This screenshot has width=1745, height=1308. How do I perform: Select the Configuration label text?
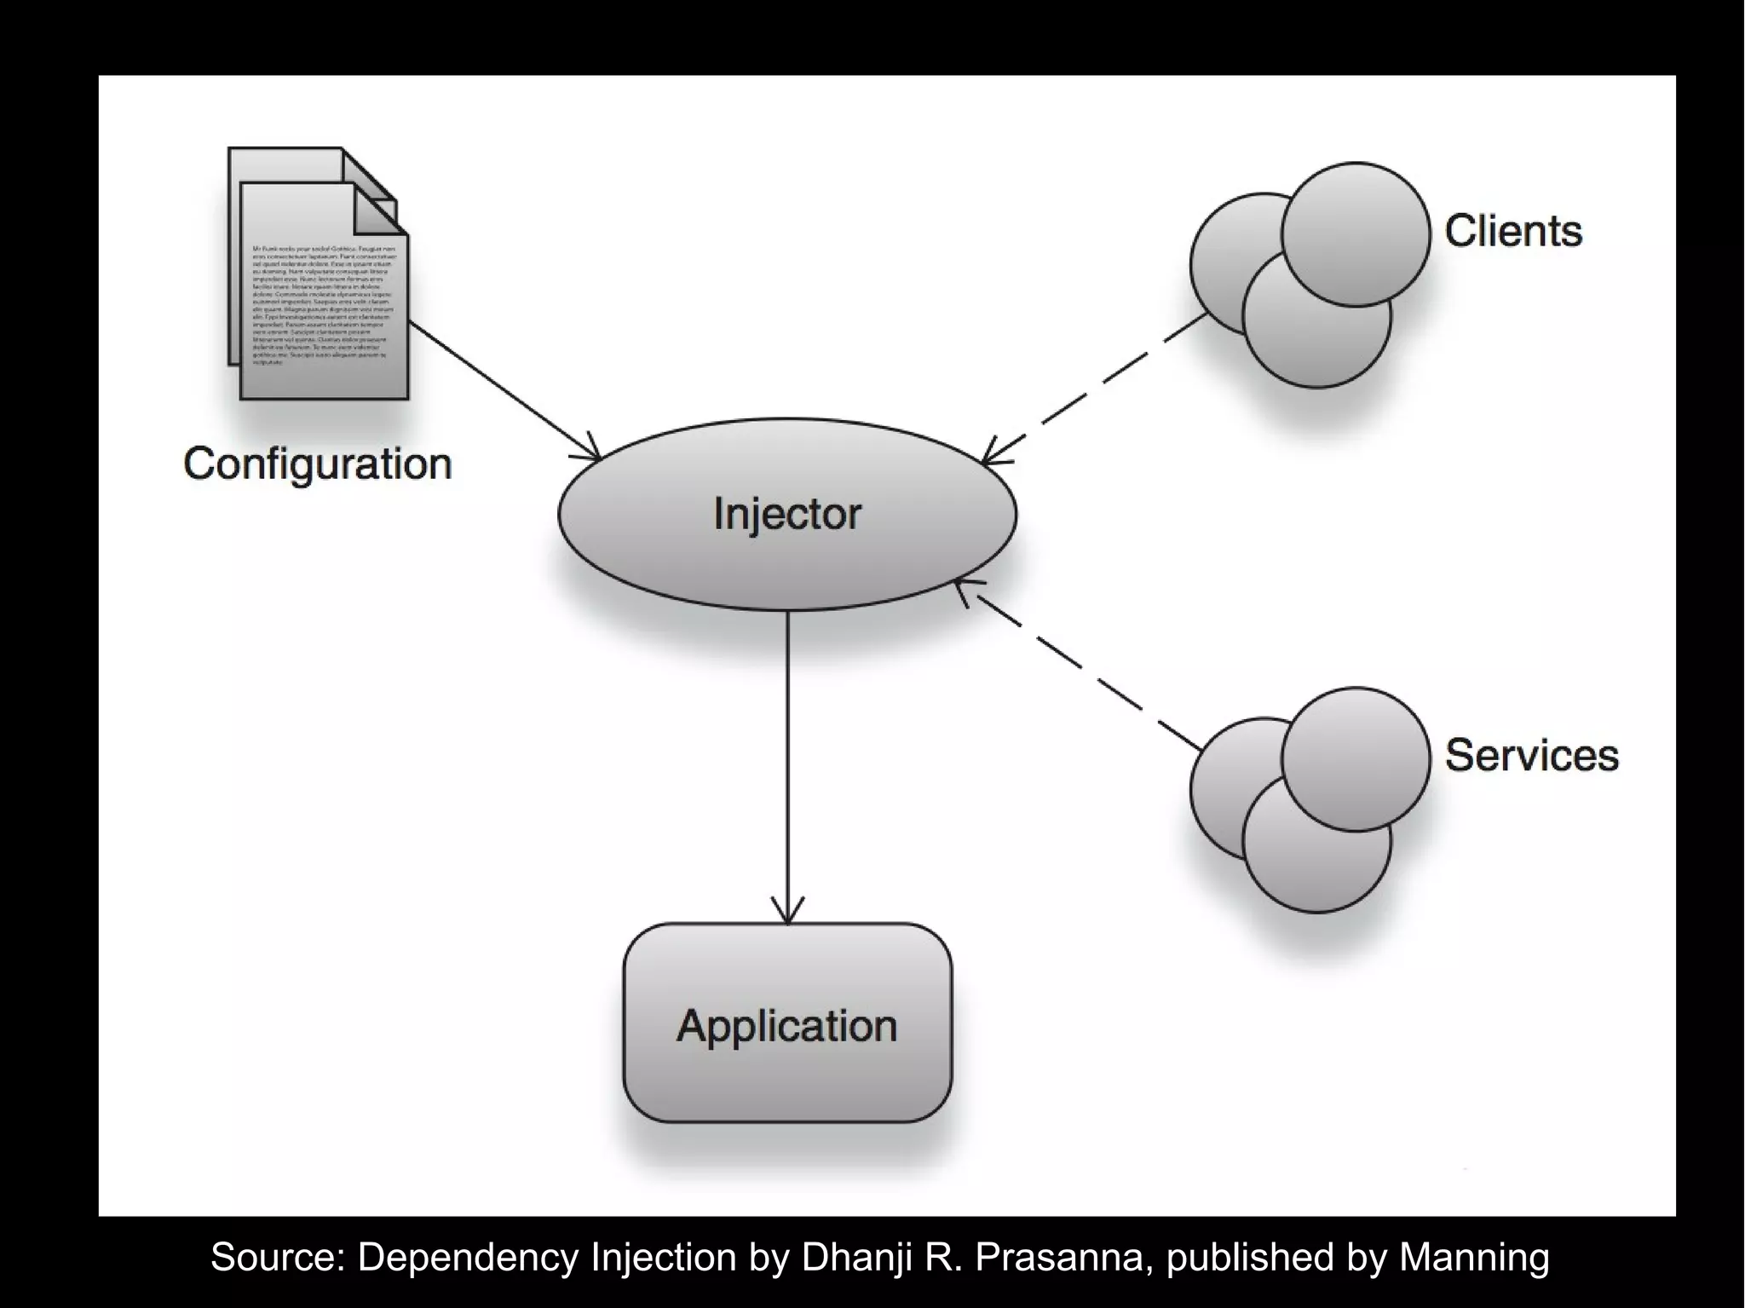click(x=317, y=464)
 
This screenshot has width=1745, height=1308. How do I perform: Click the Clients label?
click(x=1513, y=231)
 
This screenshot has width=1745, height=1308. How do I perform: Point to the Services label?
click(x=1531, y=755)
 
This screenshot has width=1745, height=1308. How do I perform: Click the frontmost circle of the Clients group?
click(x=1355, y=234)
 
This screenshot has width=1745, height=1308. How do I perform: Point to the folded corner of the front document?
click(x=381, y=211)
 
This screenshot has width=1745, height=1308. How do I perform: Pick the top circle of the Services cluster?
click(x=1355, y=758)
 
